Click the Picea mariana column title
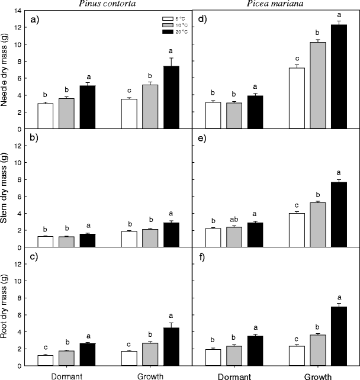point(276,4)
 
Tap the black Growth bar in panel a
point(171,98)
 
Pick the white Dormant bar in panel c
point(46,360)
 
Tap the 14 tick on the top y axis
point(20,11)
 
